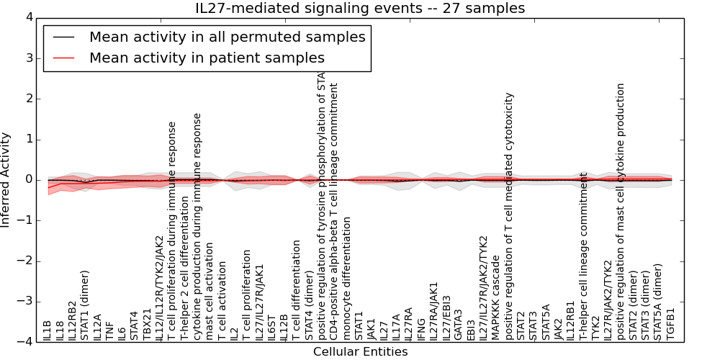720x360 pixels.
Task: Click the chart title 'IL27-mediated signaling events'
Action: coord(360,9)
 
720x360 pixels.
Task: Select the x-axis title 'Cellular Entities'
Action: coord(360,352)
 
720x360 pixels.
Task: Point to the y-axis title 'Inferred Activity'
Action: coord(6,179)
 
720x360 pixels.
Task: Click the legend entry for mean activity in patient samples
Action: coord(207,58)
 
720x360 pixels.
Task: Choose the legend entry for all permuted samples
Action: coord(227,37)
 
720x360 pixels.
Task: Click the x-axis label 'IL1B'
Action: coord(48,330)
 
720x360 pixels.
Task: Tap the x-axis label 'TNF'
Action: coord(110,330)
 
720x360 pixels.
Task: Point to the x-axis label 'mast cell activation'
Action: coord(210,292)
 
